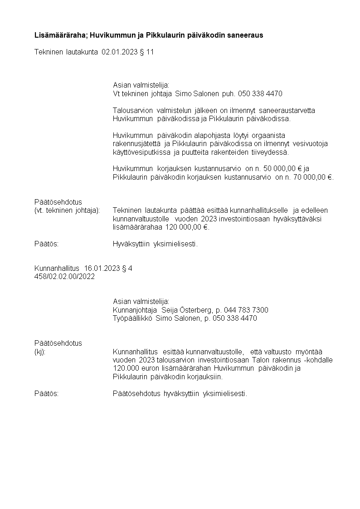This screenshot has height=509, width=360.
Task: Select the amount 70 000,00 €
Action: click(x=313, y=177)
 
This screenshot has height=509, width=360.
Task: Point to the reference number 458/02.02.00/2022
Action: click(x=65, y=277)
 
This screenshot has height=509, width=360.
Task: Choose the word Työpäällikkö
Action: click(x=132, y=318)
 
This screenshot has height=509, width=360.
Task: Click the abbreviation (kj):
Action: click(x=40, y=352)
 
